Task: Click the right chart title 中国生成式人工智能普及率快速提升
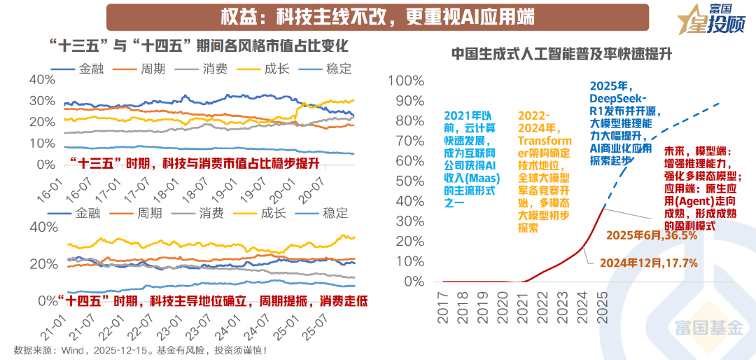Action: coord(561,54)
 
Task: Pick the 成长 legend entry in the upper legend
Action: coord(262,69)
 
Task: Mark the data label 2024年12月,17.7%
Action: coord(648,263)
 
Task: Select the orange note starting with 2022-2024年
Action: coord(545,171)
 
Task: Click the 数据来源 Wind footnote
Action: coord(140,349)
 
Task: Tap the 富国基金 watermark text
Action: coord(708,327)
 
